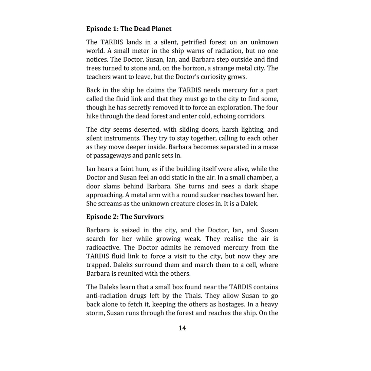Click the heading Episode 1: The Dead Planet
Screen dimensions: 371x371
tap(129, 29)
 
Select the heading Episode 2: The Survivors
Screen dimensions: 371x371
tap(125, 216)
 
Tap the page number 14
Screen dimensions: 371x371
tap(182, 328)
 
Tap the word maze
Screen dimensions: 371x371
tap(270, 147)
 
